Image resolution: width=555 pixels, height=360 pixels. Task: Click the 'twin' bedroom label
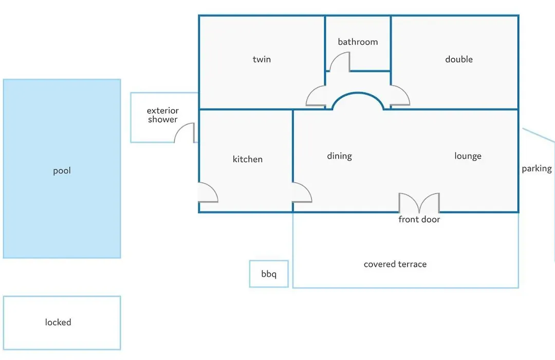(x=262, y=59)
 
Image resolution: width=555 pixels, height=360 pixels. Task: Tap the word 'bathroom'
(x=358, y=42)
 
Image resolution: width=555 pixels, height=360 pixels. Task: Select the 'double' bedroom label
(x=459, y=59)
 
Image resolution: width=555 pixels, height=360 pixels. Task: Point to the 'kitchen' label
(x=247, y=159)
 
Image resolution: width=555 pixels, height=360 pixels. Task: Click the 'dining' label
(x=340, y=156)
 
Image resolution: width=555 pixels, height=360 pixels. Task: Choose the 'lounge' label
(x=468, y=156)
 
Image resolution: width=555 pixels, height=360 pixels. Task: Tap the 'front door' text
(x=419, y=219)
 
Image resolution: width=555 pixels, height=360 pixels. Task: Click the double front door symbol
(x=419, y=203)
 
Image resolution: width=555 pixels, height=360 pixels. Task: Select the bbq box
(x=269, y=274)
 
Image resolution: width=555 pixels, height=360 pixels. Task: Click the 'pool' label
(x=62, y=171)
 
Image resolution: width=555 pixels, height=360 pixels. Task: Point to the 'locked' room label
(x=58, y=322)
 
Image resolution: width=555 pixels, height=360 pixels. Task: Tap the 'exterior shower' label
(x=163, y=115)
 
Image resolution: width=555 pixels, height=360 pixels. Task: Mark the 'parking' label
(x=536, y=169)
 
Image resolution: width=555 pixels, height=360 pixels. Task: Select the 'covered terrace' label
(x=395, y=264)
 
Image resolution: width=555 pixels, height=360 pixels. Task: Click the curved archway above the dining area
(x=358, y=93)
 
